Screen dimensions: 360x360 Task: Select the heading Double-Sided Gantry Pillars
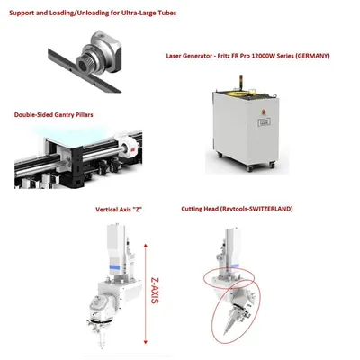point(54,114)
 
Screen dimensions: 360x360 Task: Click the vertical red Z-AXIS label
point(155,290)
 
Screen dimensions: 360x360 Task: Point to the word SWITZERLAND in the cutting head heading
point(270,209)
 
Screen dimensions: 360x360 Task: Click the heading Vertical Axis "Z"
point(119,210)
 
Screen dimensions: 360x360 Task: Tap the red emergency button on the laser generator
point(264,112)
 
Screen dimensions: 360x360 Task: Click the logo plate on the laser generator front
point(264,121)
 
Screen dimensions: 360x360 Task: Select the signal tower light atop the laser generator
point(239,81)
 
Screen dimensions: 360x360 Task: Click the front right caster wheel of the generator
point(272,165)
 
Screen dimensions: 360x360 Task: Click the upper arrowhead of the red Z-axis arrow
point(146,247)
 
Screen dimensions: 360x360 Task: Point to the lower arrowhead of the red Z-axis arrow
point(146,341)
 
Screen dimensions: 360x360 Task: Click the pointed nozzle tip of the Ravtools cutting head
point(224,333)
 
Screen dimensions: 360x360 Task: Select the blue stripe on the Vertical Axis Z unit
point(114,266)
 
